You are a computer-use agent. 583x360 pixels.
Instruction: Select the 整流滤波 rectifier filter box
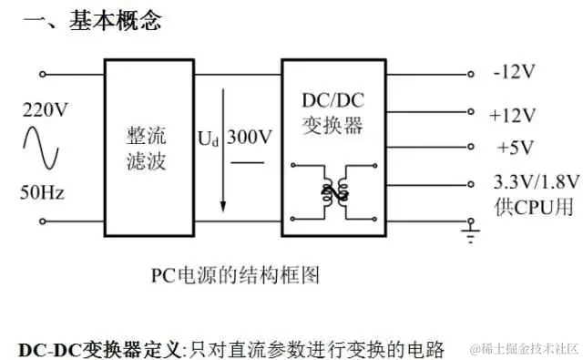click(148, 149)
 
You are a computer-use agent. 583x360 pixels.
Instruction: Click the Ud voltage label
click(209, 139)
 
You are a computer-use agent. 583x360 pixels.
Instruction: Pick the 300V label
click(250, 139)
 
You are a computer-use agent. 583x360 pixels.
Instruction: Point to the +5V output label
click(515, 147)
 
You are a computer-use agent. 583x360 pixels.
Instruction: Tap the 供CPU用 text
click(533, 206)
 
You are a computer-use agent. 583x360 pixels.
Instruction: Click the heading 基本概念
click(115, 21)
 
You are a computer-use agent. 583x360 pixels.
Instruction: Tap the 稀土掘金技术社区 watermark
click(524, 349)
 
